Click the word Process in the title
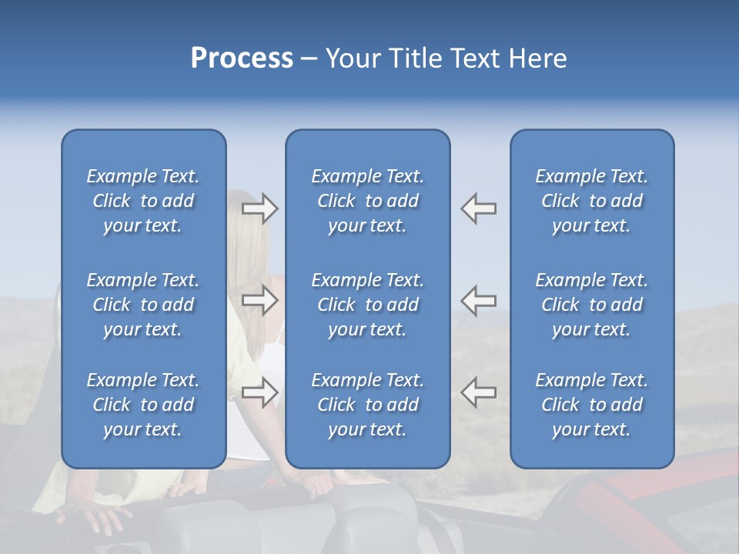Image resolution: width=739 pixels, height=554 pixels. [242, 58]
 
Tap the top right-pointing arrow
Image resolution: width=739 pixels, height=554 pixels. [259, 209]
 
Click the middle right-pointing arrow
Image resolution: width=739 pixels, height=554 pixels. [259, 301]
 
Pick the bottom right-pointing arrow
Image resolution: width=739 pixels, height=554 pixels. [259, 392]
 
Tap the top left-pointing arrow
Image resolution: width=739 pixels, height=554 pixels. [479, 209]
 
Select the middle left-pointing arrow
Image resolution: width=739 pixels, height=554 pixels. [479, 301]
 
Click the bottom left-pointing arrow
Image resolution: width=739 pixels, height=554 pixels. [479, 392]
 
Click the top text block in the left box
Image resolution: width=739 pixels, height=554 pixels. [143, 201]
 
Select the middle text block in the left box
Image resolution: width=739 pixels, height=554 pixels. [143, 305]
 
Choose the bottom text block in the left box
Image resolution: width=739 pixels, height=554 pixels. [143, 405]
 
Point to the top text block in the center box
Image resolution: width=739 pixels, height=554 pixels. [367, 201]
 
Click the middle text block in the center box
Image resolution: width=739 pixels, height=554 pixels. [367, 305]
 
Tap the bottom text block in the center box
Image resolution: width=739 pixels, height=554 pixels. [367, 405]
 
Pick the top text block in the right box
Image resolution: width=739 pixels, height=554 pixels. [591, 201]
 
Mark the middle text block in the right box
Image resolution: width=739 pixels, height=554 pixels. [591, 305]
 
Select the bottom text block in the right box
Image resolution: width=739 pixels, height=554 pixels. [591, 405]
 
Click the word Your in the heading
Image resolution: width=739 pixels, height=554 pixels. [353, 58]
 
